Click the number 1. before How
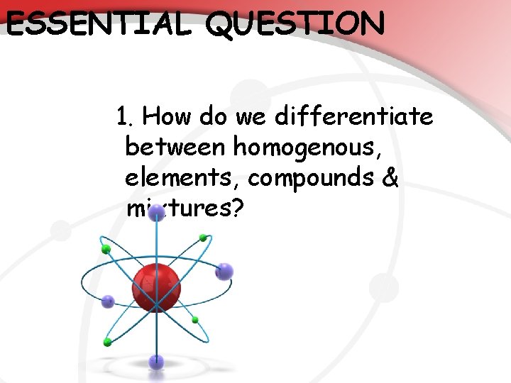(x=130, y=116)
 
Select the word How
(x=172, y=116)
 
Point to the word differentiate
(x=355, y=116)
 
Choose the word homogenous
(x=304, y=148)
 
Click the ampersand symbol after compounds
(x=390, y=178)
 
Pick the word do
(x=212, y=116)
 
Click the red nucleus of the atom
(x=156, y=287)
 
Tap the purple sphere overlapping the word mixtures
(x=157, y=211)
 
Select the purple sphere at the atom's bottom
(x=156, y=362)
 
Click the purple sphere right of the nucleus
(x=224, y=271)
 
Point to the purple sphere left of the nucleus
(x=108, y=301)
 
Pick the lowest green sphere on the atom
(x=106, y=341)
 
